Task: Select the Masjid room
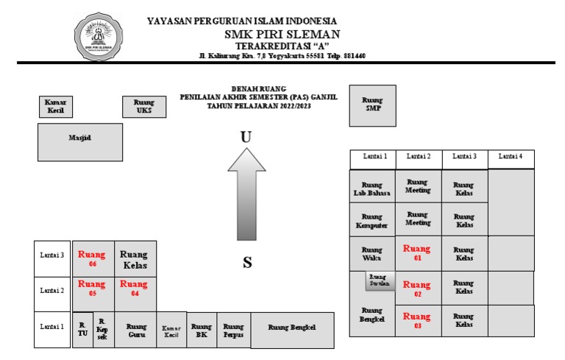tap(80, 141)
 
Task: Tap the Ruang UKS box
tap(144, 107)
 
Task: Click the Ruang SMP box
tap(373, 105)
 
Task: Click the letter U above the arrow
tap(246, 136)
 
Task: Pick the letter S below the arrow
tap(247, 262)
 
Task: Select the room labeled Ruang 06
tap(92, 258)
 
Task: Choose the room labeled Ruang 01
tap(417, 253)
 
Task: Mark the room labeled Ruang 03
tap(417, 320)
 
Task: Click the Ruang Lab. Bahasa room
tap(372, 188)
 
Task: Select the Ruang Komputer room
tap(372, 221)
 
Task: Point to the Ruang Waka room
tap(372, 253)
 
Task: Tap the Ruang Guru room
tap(136, 330)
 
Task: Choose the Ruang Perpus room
tap(233, 330)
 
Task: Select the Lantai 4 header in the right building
tap(511, 157)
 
